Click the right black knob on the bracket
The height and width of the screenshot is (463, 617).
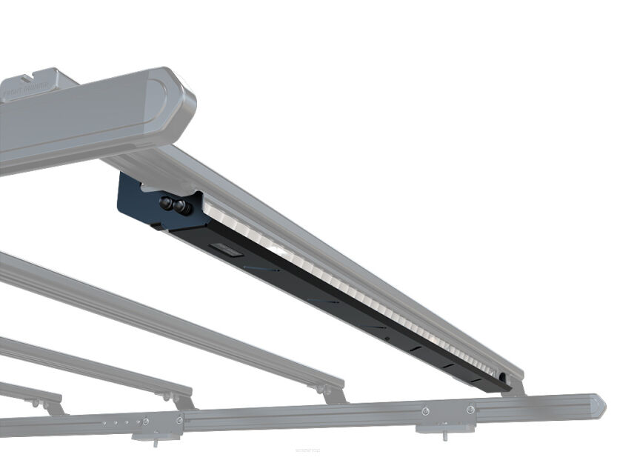click(x=181, y=208)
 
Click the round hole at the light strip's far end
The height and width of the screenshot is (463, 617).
click(x=505, y=378)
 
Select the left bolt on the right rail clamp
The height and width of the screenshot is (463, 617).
click(x=425, y=411)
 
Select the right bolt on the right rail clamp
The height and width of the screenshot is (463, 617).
click(x=470, y=409)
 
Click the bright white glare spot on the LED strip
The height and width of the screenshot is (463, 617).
click(x=281, y=252)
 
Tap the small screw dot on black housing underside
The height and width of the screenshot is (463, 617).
click(x=385, y=340)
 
